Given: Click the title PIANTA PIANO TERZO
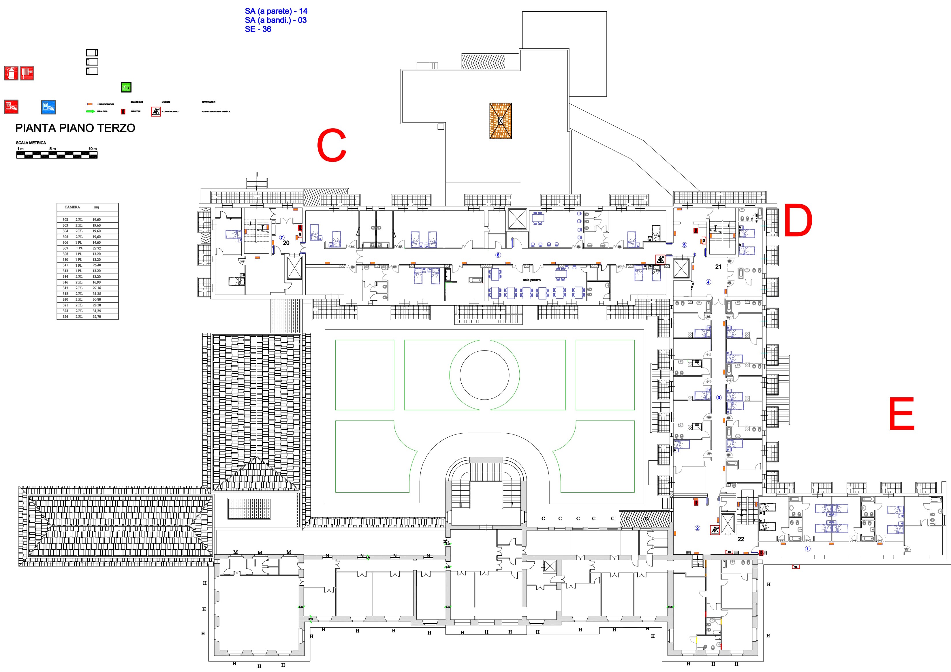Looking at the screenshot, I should [x=75, y=128].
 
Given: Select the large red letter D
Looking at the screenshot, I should [x=798, y=221].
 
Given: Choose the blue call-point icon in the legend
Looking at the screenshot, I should [x=48, y=107].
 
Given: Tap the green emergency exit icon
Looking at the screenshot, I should [x=126, y=87].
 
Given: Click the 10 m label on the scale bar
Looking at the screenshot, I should [x=92, y=149].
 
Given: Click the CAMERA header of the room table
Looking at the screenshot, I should [x=72, y=207].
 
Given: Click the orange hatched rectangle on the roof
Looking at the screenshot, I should [x=500, y=121].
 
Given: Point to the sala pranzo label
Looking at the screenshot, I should [x=531, y=280].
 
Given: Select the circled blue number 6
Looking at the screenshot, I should [x=498, y=255].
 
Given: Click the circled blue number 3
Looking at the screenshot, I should [x=719, y=398].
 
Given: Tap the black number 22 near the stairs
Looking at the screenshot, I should [x=740, y=539].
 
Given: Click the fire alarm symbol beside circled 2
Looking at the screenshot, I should [x=714, y=530].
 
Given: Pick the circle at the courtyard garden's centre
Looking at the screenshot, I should [x=484, y=375].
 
